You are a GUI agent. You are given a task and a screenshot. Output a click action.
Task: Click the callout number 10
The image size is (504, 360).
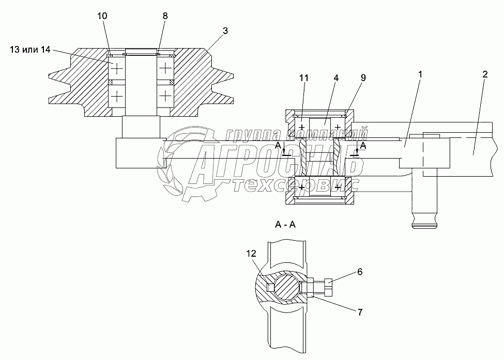click(102, 17)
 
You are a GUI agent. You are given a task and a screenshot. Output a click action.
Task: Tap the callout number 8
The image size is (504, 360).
click(165, 17)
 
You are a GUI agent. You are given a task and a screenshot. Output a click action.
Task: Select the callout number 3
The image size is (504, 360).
click(225, 31)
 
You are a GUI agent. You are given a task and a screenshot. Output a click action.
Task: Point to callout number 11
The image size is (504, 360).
click(304, 77)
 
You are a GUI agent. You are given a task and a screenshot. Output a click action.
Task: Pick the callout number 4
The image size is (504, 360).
click(336, 77)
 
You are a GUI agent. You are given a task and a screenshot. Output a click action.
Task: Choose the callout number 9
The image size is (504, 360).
click(363, 77)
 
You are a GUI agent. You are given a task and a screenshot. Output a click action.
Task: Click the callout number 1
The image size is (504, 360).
click(420, 74)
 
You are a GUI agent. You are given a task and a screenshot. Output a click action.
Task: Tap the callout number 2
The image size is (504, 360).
click(484, 74)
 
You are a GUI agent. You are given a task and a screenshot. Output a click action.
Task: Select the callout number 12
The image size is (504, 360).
click(251, 254)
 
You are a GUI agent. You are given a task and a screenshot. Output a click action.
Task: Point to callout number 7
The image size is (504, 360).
click(360, 312)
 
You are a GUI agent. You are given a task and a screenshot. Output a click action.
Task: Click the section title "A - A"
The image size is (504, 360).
click(286, 225)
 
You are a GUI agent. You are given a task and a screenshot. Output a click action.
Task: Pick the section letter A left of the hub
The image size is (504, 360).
click(278, 146)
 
